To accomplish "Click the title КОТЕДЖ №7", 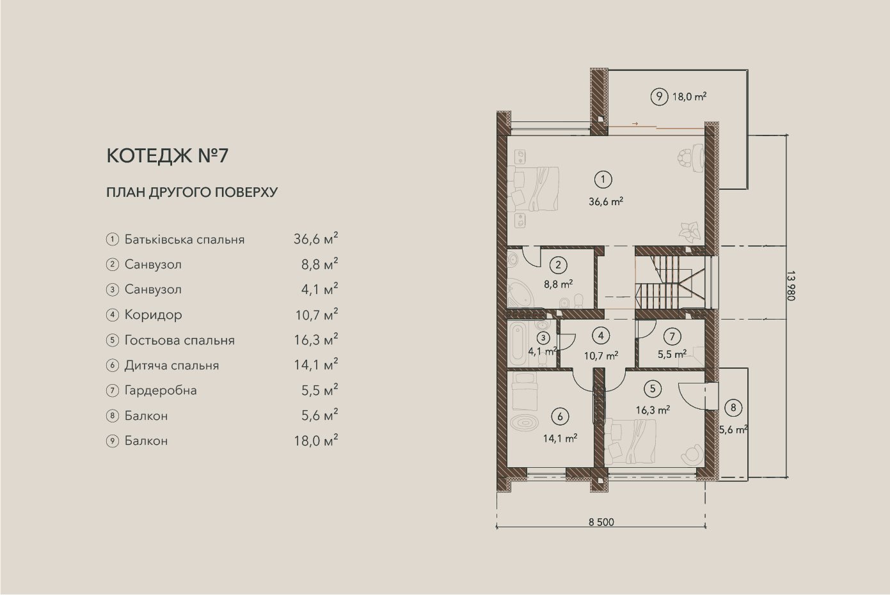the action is [x=168, y=155].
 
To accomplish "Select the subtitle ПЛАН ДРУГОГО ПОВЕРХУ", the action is [x=192, y=192].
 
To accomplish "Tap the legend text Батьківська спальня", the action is [x=184, y=240].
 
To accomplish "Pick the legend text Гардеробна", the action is [x=161, y=390].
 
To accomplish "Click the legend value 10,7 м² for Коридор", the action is [x=316, y=315].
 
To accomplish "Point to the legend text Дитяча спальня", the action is [x=171, y=365].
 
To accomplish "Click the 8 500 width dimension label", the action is [x=601, y=522].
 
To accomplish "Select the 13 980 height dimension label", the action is [x=791, y=286].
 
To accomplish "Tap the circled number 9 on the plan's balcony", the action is [x=659, y=97].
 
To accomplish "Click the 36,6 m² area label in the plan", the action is [x=605, y=202].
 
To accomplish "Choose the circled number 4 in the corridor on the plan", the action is [x=601, y=336].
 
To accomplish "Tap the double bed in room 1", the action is [x=533, y=189].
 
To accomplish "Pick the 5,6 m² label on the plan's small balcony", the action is [x=733, y=429].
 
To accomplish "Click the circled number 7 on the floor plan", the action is [x=672, y=337].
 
